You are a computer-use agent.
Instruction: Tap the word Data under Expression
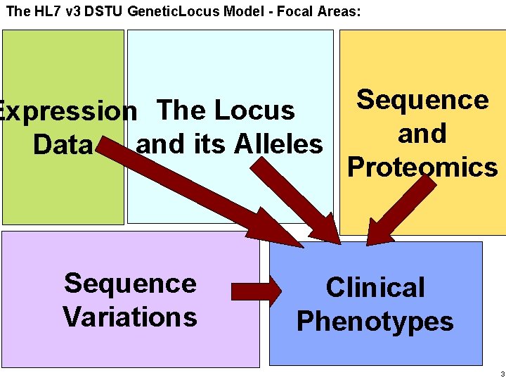point(63,145)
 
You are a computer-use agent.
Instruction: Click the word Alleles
point(278,144)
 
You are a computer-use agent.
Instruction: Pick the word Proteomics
point(422,167)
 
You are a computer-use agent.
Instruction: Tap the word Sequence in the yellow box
point(422,100)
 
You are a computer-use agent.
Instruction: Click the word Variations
point(130,317)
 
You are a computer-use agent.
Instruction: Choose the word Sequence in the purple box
point(130,284)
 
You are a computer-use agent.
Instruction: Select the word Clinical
point(375,288)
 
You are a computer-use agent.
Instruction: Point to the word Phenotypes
point(375,322)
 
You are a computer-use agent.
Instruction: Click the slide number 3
point(502,373)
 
